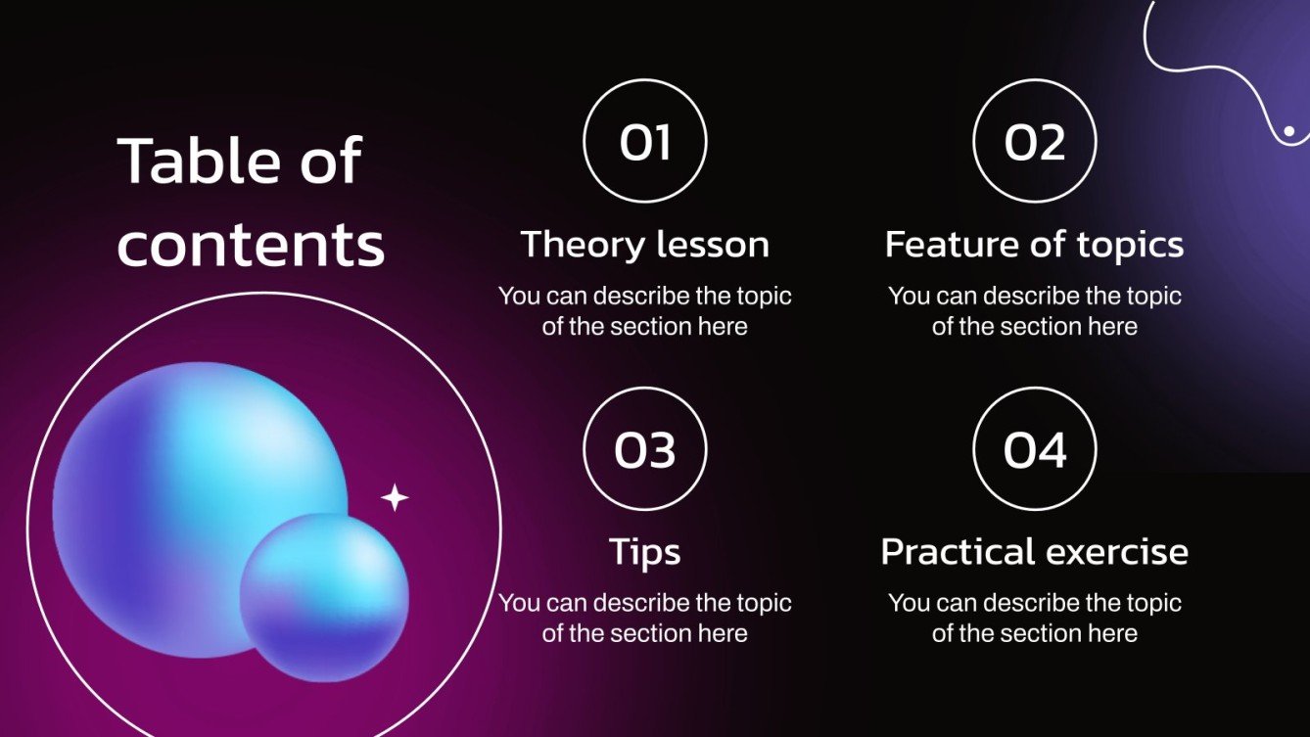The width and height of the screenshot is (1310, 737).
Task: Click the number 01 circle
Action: pos(644,142)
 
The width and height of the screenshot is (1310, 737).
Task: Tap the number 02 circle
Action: pos(1034,142)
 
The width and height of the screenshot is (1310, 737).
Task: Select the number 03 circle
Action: pos(644,449)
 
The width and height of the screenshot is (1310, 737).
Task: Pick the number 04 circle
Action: pos(1034,449)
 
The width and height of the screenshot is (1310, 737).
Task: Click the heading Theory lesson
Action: pos(644,245)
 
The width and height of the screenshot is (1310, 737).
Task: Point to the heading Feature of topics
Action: pos(1034,245)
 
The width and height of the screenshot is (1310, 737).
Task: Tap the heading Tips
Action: pos(644,552)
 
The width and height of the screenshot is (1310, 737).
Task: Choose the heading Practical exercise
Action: pos(1034,552)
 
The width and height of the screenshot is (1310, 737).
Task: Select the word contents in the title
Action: pos(251,245)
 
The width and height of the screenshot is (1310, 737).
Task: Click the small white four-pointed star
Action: pos(395,498)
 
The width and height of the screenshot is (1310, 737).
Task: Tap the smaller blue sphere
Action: pos(324,597)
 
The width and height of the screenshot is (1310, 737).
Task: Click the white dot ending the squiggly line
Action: pos(1289,131)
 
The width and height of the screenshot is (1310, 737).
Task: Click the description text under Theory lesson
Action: pos(644,311)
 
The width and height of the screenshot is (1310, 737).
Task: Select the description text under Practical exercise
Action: pos(1034,619)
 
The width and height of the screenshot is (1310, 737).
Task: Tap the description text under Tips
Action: pos(644,619)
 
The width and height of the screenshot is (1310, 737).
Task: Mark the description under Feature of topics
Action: pos(1034,311)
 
